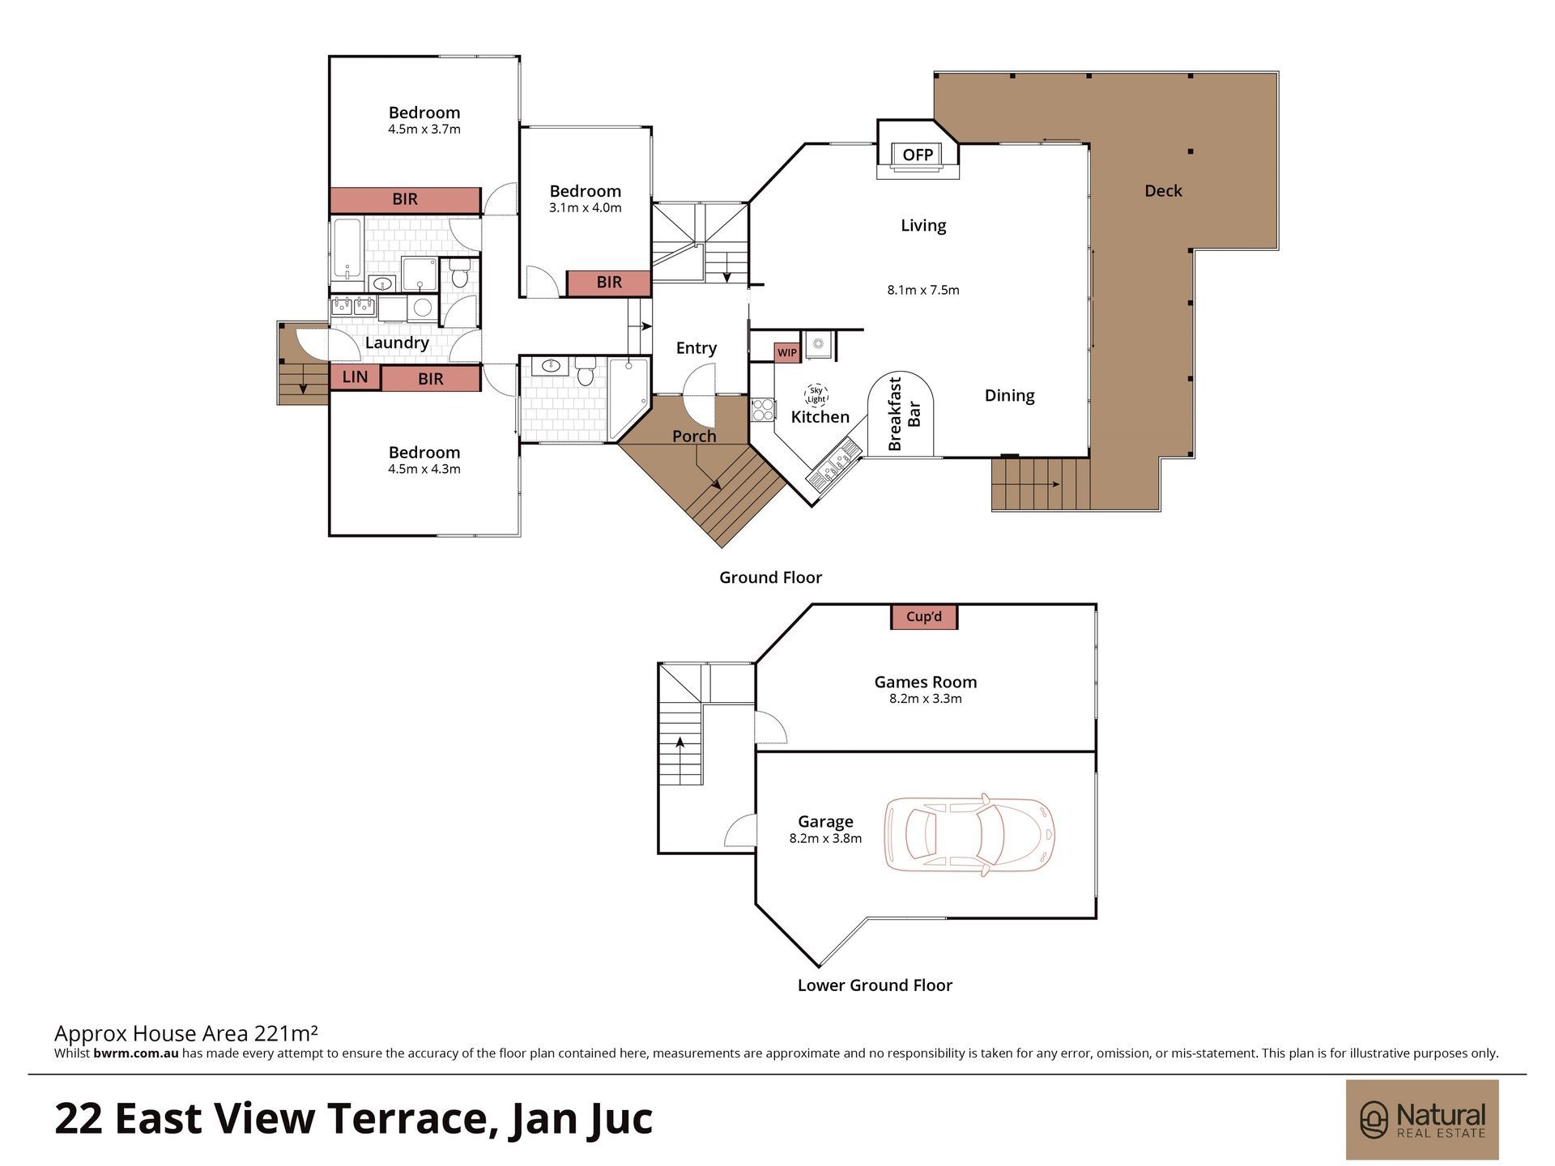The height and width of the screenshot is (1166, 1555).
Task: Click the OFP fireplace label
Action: coord(918,155)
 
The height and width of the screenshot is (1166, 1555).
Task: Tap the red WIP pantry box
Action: coord(787,352)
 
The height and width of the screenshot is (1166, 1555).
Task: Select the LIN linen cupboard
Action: coord(355,377)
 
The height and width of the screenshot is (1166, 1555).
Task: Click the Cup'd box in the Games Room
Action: coord(924,617)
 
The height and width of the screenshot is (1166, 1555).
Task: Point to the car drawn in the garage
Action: coord(969,835)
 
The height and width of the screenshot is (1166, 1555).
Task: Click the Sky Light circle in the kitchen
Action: coord(816,395)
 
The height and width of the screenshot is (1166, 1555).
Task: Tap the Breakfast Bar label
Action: coord(905,414)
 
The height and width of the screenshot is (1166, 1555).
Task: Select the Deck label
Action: coord(1163,191)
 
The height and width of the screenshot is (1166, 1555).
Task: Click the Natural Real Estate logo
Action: coord(1422,1120)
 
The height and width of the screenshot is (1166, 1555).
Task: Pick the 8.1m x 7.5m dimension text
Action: coord(923,290)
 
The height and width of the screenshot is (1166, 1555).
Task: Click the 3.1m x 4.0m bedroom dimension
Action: coord(586,207)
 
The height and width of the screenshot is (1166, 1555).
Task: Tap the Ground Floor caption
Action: coord(771,577)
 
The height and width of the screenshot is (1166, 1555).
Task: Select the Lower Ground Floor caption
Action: coord(875,985)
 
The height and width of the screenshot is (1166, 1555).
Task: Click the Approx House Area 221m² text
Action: coord(185,1033)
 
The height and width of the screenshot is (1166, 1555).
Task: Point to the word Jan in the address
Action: coord(541,1119)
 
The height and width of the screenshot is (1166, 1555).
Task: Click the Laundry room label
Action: coord(397,343)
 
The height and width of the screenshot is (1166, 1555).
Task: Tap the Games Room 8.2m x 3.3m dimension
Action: coord(926,699)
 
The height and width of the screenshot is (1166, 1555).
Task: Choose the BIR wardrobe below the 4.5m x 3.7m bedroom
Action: coord(405,200)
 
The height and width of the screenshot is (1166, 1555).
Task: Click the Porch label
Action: coord(694,436)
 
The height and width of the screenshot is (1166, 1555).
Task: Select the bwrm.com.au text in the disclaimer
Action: coord(136,1053)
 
